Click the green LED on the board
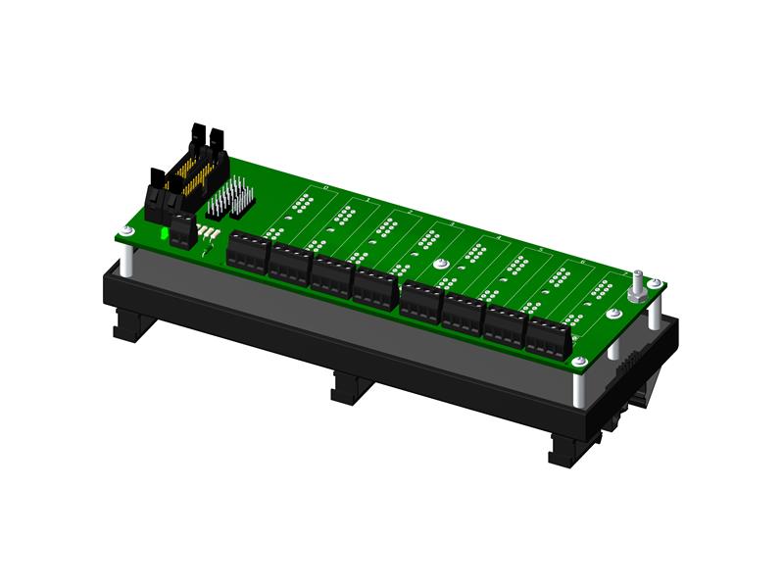[x=160, y=236]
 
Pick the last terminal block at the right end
[x=549, y=335]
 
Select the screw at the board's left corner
[x=127, y=231]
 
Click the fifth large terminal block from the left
[x=421, y=302]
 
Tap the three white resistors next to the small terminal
[x=208, y=232]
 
